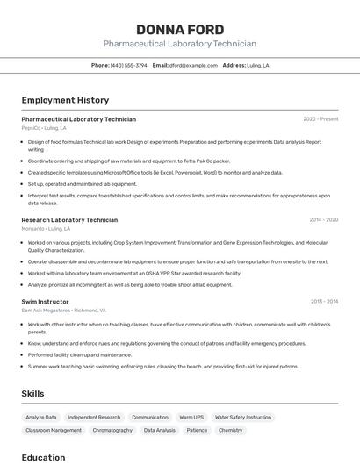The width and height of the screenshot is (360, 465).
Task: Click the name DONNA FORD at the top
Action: [179, 29]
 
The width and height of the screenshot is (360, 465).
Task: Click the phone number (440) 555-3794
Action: [128, 65]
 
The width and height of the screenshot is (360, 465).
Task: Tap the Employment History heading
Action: [65, 100]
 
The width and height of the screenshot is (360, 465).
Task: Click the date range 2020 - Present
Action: [320, 119]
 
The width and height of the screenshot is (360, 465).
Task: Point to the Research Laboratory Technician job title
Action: [69, 220]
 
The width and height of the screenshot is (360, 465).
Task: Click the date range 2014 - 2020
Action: [323, 220]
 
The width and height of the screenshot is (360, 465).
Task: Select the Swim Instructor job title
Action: [45, 302]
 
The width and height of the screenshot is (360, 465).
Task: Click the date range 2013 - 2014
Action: [324, 302]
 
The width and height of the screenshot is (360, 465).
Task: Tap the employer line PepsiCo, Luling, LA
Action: [44, 128]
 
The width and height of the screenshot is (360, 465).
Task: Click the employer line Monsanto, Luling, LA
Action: [46, 229]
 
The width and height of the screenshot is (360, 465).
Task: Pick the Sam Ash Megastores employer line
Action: [63, 311]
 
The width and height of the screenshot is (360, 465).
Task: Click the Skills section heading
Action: [32, 394]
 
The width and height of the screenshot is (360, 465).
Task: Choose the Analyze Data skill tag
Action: [41, 417]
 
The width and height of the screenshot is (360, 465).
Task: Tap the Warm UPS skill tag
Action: [191, 417]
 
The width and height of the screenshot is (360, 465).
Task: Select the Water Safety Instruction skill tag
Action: [243, 417]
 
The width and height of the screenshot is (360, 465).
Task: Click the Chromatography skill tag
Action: [112, 430]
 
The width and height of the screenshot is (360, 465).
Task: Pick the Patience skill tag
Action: [197, 430]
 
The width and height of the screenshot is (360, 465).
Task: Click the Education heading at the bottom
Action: [43, 457]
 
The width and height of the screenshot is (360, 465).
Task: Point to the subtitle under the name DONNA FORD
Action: [179, 44]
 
